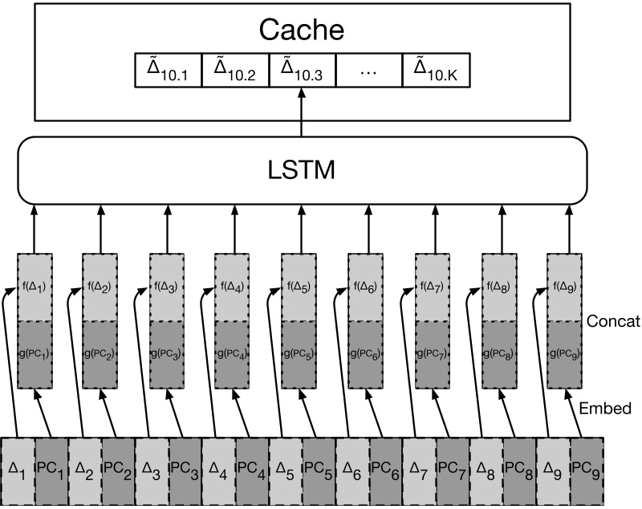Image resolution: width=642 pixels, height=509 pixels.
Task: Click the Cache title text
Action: click(x=302, y=30)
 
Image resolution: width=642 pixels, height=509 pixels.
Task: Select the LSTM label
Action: click(x=302, y=169)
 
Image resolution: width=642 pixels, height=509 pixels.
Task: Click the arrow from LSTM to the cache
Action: click(x=302, y=112)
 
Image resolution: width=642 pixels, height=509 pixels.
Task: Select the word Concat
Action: click(x=612, y=321)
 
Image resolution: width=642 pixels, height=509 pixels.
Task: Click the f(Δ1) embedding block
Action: click(x=35, y=287)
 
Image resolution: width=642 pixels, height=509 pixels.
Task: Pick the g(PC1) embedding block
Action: click(x=35, y=354)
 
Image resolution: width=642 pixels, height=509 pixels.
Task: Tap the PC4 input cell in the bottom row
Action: click(x=251, y=470)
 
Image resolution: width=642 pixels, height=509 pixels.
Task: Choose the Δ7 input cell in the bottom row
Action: click(x=418, y=470)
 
